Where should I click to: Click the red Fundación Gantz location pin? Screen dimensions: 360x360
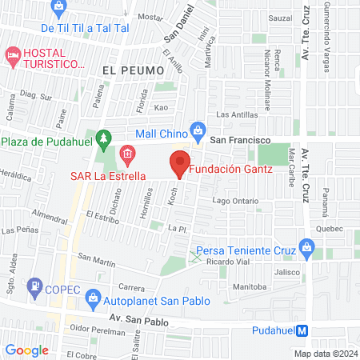(x=179, y=163)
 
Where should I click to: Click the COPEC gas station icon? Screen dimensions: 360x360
(x=34, y=286)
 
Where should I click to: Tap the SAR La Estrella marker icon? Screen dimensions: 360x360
(x=126, y=153)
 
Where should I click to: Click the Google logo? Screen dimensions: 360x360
(x=26, y=350)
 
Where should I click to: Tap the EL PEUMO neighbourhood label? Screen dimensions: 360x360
(x=126, y=70)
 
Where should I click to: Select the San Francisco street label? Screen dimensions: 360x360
(x=238, y=138)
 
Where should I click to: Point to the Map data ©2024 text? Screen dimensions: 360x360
(x=325, y=353)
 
